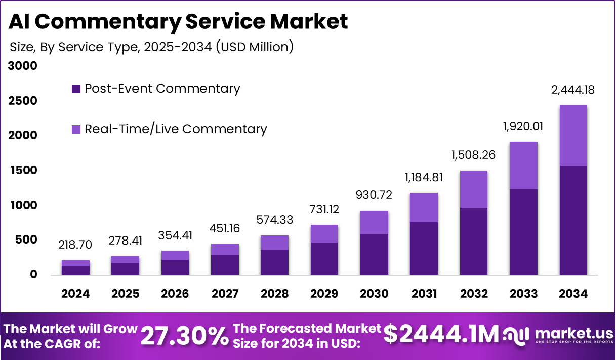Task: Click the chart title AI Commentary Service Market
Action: [179, 22]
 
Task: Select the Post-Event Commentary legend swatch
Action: [76, 89]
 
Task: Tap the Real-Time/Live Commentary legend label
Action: [175, 129]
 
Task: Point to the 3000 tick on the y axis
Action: [22, 66]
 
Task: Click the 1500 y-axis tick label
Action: [22, 171]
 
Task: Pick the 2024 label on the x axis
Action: [76, 294]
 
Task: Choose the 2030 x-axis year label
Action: [375, 294]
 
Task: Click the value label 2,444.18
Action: [573, 91]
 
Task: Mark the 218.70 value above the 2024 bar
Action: [76, 245]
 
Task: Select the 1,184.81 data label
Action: [424, 178]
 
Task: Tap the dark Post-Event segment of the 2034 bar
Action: [573, 220]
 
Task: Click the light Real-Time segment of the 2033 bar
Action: [524, 166]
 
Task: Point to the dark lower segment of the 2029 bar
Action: [324, 259]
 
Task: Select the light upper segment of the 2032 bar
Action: [474, 189]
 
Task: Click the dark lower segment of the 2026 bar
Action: [175, 267]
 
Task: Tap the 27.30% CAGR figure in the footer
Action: [184, 336]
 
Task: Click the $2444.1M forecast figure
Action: [441, 334]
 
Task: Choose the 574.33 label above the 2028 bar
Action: [275, 221]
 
